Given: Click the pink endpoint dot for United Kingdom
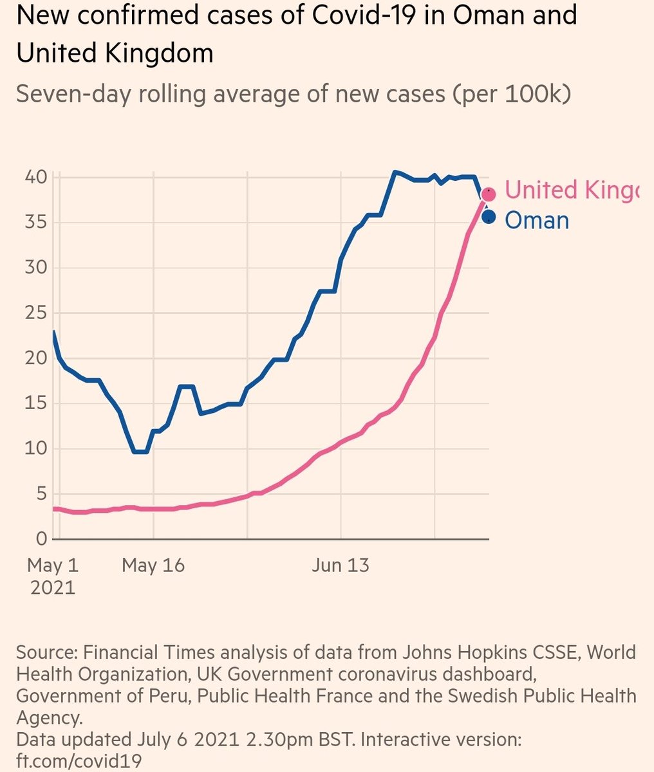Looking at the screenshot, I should click(x=489, y=194).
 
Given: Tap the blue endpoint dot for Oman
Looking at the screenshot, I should click(x=489, y=217).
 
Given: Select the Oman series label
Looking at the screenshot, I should click(x=537, y=220).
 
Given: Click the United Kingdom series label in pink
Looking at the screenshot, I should click(x=572, y=190).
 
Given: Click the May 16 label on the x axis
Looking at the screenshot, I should click(x=153, y=565).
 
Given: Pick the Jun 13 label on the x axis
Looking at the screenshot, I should click(x=341, y=565).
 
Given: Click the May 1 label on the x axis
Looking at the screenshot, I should click(x=53, y=565).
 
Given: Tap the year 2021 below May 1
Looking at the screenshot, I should click(x=53, y=587).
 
